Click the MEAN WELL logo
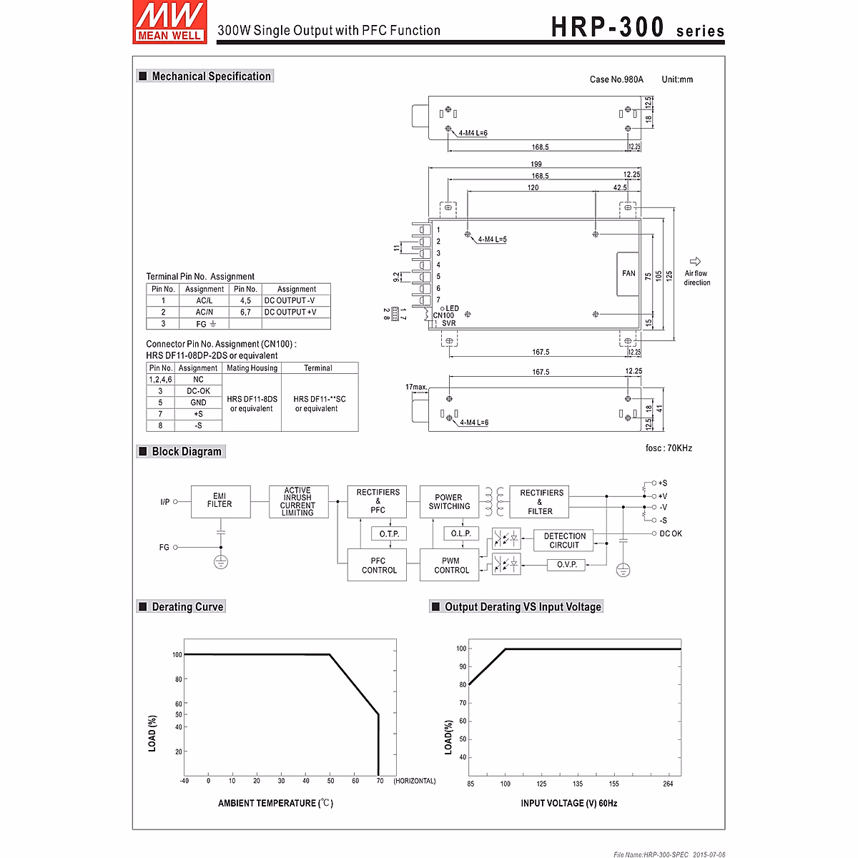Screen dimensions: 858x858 [169, 22]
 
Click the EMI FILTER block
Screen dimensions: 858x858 [220, 500]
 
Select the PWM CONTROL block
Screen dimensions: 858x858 [451, 566]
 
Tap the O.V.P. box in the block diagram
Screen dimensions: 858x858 [566, 565]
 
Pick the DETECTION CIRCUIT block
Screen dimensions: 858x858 [564, 541]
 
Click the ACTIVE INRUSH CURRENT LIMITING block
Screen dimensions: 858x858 [297, 501]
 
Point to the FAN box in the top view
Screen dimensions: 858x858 [628, 273]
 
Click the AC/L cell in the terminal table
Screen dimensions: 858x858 [204, 301]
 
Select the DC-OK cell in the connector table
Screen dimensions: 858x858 [198, 391]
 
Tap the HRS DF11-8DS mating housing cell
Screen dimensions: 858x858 [252, 403]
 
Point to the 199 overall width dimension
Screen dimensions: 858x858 [536, 164]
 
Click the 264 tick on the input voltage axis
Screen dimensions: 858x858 [668, 784]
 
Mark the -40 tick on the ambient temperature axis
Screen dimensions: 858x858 [184, 781]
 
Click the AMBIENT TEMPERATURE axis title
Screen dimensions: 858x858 [275, 804]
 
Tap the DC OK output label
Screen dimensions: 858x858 [670, 533]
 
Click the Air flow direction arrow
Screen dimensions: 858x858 [695, 262]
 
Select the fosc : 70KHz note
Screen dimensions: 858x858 [669, 448]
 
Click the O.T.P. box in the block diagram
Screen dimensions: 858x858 [389, 534]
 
